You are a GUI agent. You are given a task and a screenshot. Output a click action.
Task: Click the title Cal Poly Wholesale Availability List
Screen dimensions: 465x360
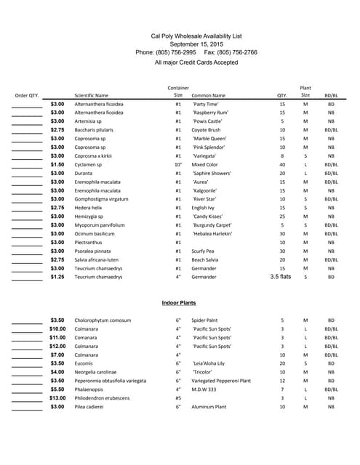tap(196, 36)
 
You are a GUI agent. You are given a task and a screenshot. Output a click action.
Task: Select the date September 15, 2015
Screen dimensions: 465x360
tap(196, 44)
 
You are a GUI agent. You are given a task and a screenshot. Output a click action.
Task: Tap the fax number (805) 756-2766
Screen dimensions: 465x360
tap(231, 52)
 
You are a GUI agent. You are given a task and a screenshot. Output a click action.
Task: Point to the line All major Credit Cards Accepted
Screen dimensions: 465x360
tap(196, 62)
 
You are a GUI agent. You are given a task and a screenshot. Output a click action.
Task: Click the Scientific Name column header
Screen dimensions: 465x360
tap(91, 95)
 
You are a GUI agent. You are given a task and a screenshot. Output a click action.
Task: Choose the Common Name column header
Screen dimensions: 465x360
tap(208, 95)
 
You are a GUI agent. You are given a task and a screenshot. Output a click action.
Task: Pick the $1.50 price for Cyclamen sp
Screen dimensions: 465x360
tap(57, 165)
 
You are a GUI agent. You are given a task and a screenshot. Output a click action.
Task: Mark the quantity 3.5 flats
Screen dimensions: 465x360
tap(281, 277)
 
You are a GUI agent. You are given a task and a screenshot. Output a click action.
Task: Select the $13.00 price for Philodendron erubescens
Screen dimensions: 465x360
tap(57, 398)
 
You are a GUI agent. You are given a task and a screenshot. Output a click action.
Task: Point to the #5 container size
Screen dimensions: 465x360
tap(178, 398)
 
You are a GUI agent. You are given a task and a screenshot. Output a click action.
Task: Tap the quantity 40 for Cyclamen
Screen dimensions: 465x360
tap(282, 165)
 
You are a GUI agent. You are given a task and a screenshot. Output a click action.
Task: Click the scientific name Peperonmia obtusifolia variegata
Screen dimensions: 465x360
tap(111, 381)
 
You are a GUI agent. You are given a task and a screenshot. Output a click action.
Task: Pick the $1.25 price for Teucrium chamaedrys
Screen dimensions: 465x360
tap(57, 277)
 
